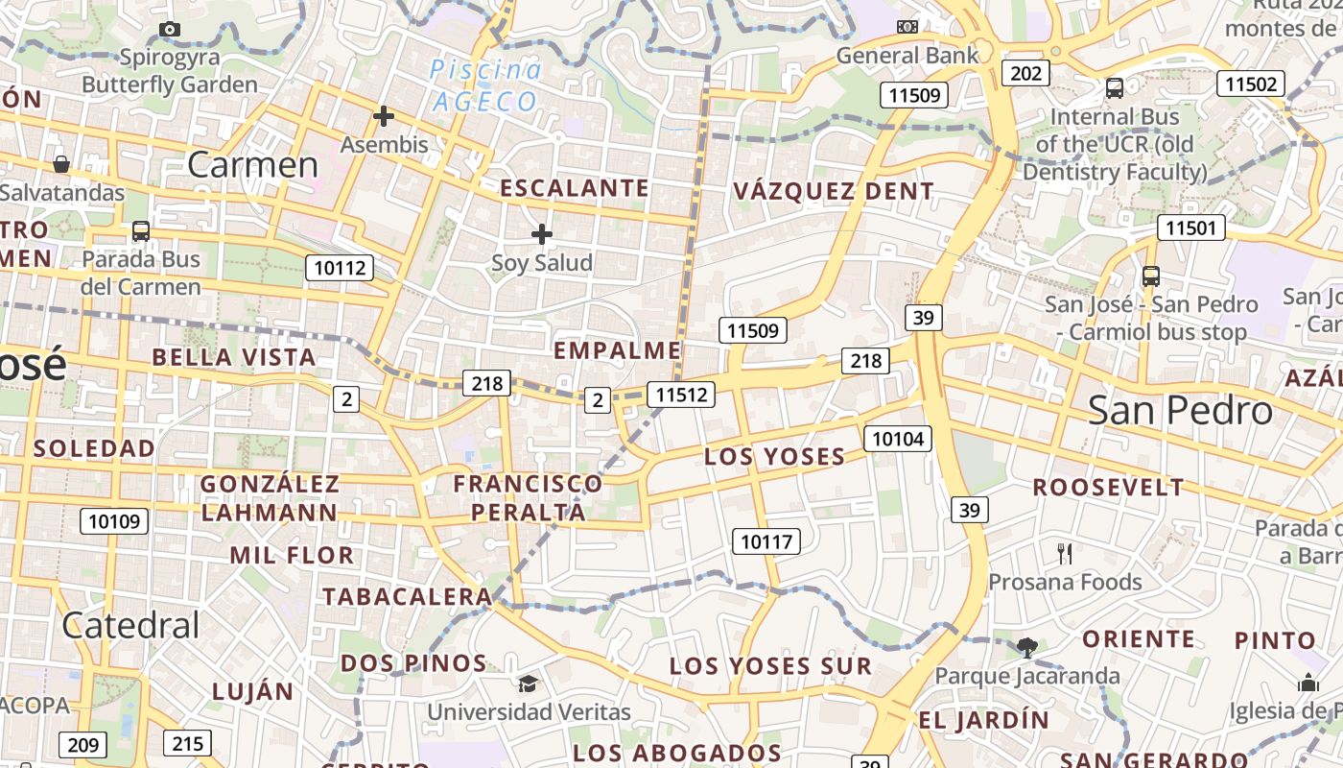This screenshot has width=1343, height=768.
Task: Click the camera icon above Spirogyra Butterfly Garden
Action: pyautogui.click(x=170, y=29)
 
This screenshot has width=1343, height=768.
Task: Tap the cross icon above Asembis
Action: pyautogui.click(x=384, y=117)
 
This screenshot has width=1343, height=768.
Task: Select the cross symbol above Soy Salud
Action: pyautogui.click(x=542, y=233)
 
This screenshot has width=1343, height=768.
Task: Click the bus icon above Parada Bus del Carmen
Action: pyautogui.click(x=141, y=230)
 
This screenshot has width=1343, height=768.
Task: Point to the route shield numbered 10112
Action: pyautogui.click(x=340, y=268)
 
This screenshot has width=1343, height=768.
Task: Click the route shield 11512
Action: pyautogui.click(x=681, y=394)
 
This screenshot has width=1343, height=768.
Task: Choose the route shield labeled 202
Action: pyautogui.click(x=1025, y=73)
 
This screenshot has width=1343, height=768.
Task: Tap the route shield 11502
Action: pyautogui.click(x=1251, y=84)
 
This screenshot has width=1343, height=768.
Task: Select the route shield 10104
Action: pyautogui.click(x=898, y=439)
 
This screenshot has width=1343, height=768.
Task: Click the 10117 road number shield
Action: pyautogui.click(x=766, y=541)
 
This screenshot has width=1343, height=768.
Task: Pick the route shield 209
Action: pyautogui.click(x=83, y=744)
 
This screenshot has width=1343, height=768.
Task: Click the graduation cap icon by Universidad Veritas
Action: pyautogui.click(x=529, y=684)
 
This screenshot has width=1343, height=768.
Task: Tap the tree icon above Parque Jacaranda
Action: pyautogui.click(x=1027, y=647)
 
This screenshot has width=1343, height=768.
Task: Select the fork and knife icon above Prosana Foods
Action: pyautogui.click(x=1064, y=553)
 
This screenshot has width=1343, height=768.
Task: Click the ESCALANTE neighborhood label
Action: pyautogui.click(x=575, y=188)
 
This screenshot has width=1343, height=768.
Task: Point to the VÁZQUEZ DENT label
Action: pyautogui.click(x=834, y=191)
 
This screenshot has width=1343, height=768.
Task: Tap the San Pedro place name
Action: pyautogui.click(x=1180, y=411)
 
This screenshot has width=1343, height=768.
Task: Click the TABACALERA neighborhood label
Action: pyautogui.click(x=407, y=596)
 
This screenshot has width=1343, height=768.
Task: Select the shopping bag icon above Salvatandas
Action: pyautogui.click(x=61, y=164)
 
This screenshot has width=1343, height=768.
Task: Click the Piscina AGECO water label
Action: pyautogui.click(x=485, y=85)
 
